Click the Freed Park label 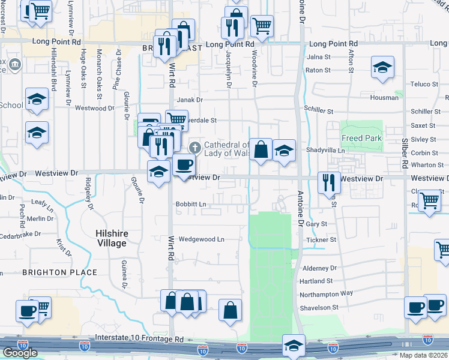coord(361,138)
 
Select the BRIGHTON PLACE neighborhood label coord(59,272)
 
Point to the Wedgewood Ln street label coord(201,239)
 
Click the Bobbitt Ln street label coord(191,204)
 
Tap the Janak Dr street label coord(190,100)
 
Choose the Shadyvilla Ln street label coord(325,150)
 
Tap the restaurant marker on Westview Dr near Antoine coord(328,182)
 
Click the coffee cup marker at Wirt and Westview coord(184,164)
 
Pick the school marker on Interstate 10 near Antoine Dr coord(294,346)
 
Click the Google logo coord(20,353)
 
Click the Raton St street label coord(318,70)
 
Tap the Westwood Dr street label coord(95,109)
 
